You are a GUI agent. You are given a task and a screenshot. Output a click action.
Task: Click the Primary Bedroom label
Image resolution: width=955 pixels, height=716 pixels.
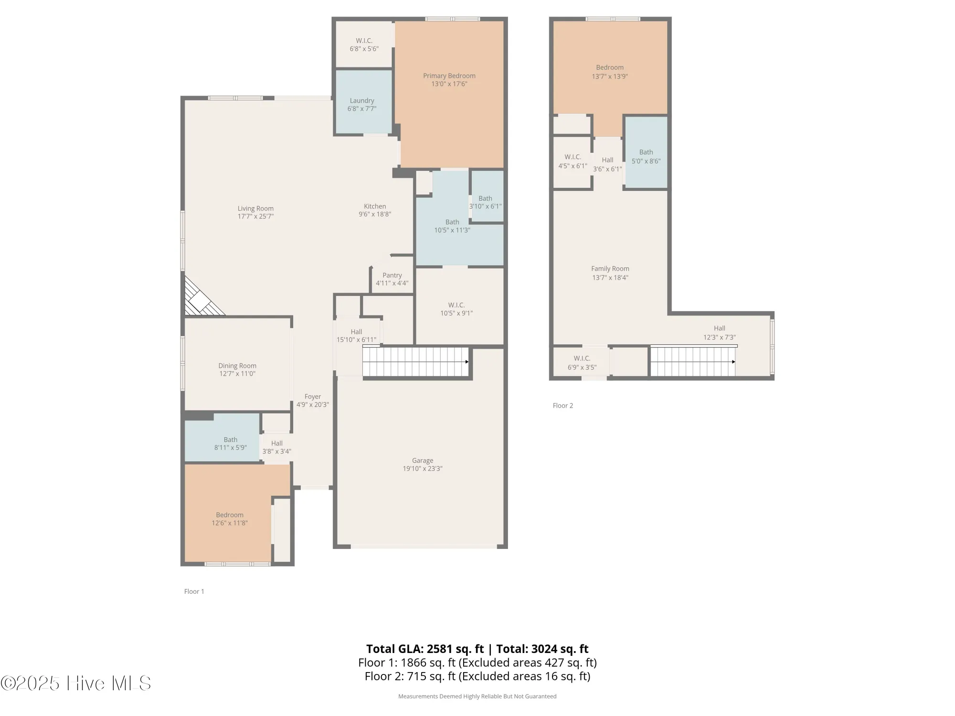(449, 76)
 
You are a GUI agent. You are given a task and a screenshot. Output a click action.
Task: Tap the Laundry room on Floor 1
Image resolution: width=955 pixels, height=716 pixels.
(362, 104)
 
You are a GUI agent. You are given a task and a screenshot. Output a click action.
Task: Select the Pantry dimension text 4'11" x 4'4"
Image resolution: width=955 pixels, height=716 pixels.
(392, 283)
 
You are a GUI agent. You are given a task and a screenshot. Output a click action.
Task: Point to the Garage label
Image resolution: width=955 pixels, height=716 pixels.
(423, 461)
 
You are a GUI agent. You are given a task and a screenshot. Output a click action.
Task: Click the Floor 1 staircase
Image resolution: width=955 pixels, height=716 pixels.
(415, 362)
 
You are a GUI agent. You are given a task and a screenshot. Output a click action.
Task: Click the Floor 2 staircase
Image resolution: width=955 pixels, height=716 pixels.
(693, 362)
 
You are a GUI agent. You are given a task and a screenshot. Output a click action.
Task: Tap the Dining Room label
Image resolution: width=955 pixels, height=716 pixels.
(237, 366)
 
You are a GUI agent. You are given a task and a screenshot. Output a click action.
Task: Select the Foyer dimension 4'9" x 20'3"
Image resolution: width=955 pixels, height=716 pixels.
(313, 404)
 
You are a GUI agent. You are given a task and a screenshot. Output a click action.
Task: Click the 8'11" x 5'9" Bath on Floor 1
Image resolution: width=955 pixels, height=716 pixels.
(230, 443)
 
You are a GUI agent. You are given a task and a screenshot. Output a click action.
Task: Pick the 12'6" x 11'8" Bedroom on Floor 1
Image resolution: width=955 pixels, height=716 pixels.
(230, 518)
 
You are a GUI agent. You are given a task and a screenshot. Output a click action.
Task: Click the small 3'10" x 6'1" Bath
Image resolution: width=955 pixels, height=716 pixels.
(486, 202)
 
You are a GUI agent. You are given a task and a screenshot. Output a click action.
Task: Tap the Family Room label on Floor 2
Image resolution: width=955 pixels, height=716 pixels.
(610, 269)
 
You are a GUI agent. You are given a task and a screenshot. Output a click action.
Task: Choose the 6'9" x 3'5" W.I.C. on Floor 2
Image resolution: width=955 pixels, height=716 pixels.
(582, 362)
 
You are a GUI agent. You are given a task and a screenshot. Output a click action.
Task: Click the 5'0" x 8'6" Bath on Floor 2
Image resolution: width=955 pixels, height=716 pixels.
(646, 156)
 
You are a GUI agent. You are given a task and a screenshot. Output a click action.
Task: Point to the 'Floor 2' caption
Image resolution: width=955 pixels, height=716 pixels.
(562, 406)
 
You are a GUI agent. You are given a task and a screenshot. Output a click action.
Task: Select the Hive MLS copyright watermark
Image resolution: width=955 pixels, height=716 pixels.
(76, 683)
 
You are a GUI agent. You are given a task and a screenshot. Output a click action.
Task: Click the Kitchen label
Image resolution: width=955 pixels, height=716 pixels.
(375, 206)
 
